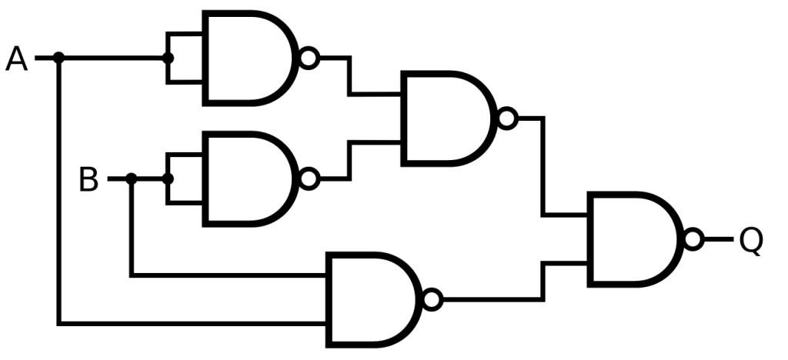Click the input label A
16,58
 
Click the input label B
88,180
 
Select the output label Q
750,240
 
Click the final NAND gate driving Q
631,239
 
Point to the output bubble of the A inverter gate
309,58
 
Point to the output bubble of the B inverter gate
309,179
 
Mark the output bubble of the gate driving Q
693,239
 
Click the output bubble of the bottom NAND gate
432,299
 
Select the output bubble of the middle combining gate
506,118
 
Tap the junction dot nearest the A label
59,58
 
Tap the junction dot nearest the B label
132,179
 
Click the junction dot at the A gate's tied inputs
169,58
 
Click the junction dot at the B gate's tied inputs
169,179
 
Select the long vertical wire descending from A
59,192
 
